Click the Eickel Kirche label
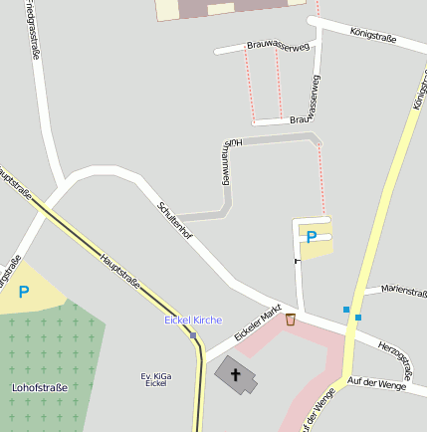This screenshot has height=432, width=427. [193, 320]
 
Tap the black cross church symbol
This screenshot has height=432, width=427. [236, 375]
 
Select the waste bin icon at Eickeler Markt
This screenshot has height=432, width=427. [291, 320]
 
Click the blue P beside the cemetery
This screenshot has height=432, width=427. [24, 292]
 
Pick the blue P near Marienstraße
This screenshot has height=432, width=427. [312, 237]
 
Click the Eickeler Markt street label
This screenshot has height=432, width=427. [259, 325]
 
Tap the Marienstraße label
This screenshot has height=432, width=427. [396, 291]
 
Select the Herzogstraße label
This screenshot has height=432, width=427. [401, 356]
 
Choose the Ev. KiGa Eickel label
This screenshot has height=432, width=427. [155, 379]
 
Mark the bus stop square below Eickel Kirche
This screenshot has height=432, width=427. [193, 334]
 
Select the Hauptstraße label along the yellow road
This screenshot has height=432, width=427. [119, 271]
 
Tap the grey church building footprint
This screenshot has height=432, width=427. [236, 374]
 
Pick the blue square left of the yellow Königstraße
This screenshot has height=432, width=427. [346, 310]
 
